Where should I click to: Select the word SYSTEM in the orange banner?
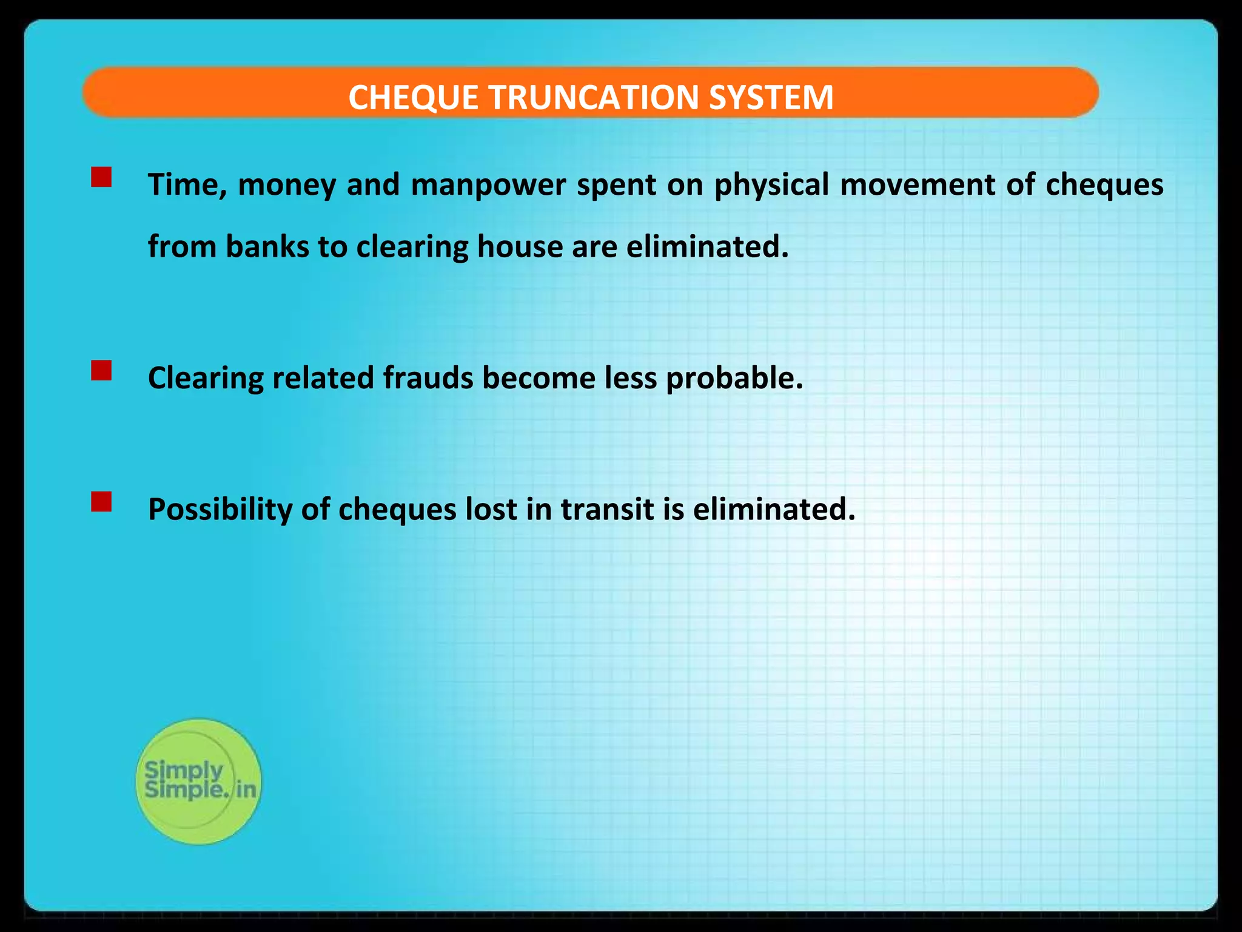(771, 97)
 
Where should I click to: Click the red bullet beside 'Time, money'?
(101, 177)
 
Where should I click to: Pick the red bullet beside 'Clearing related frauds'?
(101, 370)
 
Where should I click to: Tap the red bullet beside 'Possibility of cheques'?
(101, 502)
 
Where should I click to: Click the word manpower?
(488, 185)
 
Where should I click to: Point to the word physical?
(771, 185)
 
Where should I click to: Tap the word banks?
(267, 247)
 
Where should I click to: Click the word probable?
(734, 378)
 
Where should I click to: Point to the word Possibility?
(220, 510)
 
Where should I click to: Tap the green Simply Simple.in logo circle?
(198, 782)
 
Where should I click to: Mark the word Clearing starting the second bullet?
(206, 378)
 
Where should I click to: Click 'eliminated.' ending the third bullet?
(774, 510)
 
